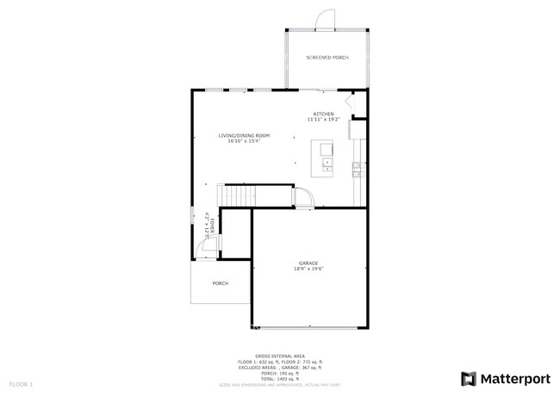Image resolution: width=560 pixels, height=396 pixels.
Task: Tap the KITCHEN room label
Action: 324,114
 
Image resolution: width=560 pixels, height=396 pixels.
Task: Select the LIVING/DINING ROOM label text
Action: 244,135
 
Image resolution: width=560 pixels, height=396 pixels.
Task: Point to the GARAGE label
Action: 308,263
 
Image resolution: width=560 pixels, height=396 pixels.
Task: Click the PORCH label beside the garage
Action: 221,282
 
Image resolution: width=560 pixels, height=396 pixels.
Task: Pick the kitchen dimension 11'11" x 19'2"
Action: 324,120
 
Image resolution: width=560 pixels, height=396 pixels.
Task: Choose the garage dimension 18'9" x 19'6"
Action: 308,269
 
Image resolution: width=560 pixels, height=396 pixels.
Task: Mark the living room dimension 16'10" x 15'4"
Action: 244,141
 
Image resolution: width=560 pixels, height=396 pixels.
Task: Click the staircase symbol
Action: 238,195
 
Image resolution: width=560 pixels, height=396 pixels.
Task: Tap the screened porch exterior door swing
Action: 323,19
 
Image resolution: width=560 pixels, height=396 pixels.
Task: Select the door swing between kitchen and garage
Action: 304,199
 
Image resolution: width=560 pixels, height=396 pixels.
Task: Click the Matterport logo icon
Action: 468,379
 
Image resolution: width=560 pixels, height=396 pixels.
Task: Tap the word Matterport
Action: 514,379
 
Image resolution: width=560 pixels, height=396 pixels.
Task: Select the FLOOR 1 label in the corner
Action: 21,383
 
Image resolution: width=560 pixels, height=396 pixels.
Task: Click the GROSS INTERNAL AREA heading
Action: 280,356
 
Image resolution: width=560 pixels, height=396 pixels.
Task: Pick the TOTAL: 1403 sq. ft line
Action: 280,379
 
